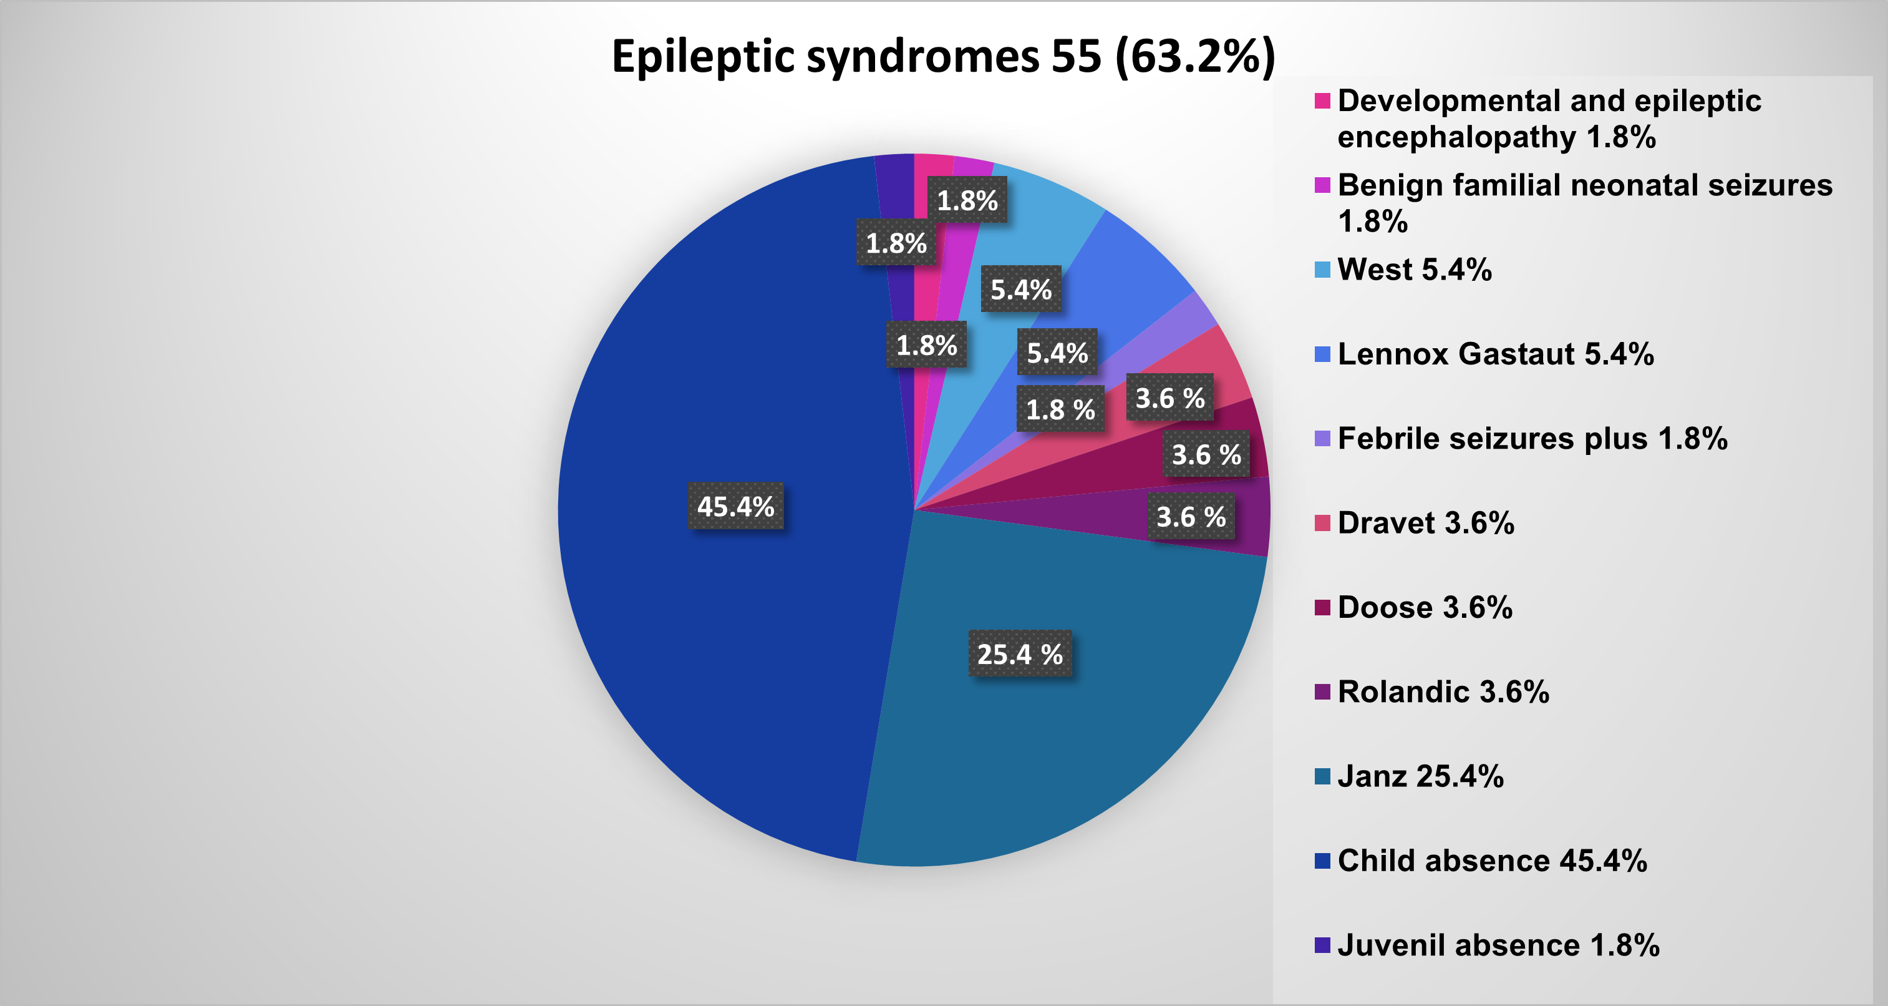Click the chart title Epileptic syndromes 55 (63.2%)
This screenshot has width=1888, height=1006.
[x=943, y=56]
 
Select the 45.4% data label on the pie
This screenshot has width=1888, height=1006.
[x=735, y=506]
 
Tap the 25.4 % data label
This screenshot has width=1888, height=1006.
[x=1020, y=653]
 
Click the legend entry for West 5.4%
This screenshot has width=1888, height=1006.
[x=1414, y=270]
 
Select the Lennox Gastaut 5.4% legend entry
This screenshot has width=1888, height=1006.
[x=1495, y=354]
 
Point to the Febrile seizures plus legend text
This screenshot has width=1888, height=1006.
[x=1532, y=439]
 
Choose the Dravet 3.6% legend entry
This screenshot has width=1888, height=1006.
[x=1426, y=523]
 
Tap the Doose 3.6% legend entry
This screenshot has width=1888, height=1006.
[x=1425, y=607]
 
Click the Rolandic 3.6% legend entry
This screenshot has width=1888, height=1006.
[x=1443, y=691]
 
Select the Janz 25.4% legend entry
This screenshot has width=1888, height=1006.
[x=1420, y=776]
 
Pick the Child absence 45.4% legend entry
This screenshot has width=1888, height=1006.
[x=1491, y=860]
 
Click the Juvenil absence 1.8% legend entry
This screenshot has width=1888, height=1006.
[x=1498, y=944]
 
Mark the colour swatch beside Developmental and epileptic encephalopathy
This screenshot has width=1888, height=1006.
[x=1322, y=101]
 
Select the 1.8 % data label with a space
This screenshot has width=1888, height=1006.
[x=1060, y=409]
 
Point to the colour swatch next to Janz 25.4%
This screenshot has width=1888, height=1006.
[x=1322, y=776]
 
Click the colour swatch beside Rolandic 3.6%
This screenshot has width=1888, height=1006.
[x=1322, y=692]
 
